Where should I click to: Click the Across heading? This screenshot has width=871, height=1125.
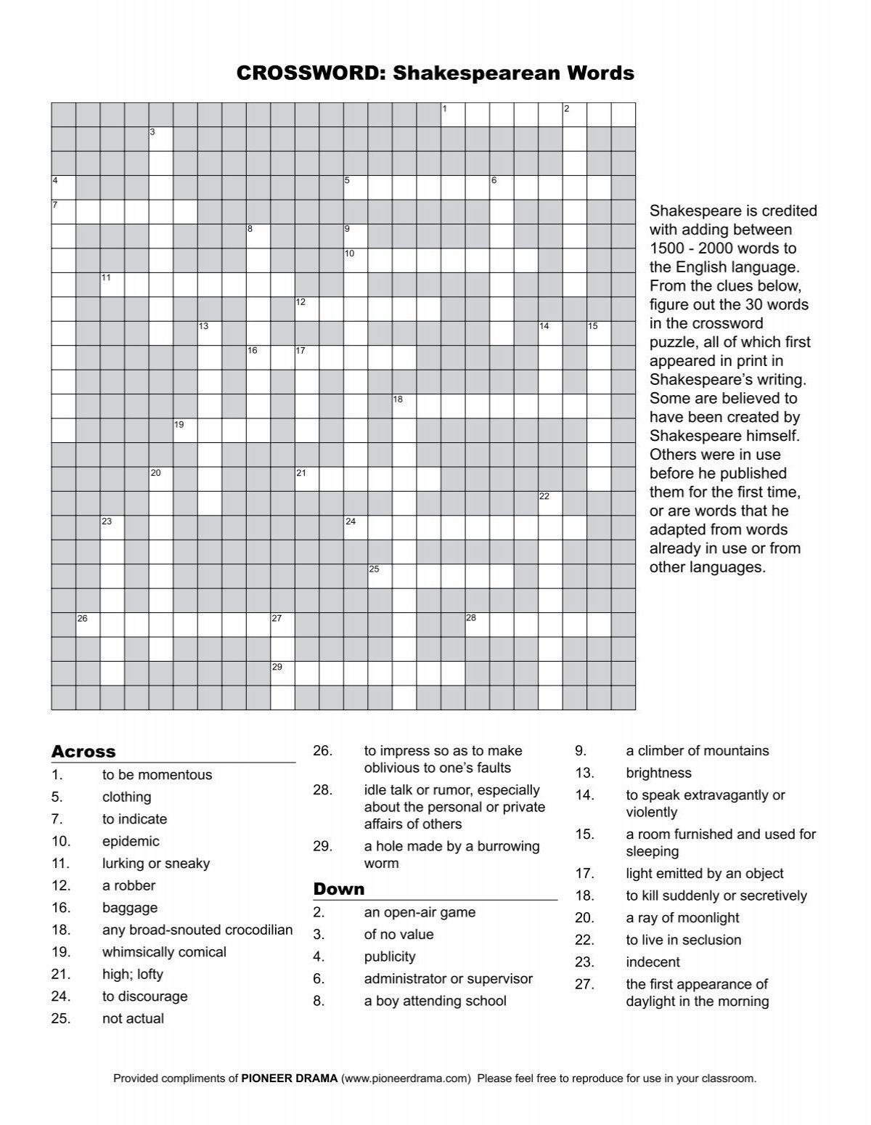[83, 752]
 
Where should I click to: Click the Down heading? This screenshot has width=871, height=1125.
[338, 889]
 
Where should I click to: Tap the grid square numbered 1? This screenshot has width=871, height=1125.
[453, 115]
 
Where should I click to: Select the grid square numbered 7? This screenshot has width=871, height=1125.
[63, 212]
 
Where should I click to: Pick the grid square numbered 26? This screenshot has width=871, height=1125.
[88, 625]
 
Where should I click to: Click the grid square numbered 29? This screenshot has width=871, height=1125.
[282, 673]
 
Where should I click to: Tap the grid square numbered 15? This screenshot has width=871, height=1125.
[599, 333]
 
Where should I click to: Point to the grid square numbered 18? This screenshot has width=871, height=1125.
[404, 406]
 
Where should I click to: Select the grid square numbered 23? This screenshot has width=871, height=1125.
[112, 527]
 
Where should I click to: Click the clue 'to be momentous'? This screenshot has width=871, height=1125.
[157, 775]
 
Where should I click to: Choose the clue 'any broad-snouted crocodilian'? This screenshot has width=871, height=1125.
[197, 930]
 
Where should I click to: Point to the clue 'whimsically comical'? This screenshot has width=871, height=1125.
[164, 952]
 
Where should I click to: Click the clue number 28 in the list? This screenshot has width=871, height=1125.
[322, 790]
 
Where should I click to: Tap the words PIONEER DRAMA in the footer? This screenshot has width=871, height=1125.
[289, 1079]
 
